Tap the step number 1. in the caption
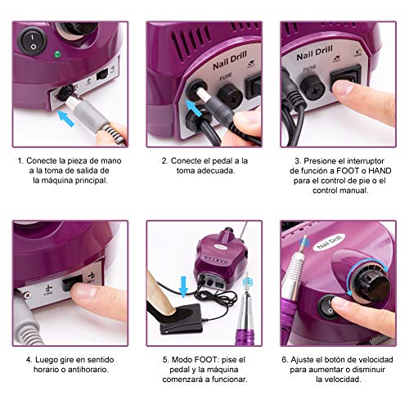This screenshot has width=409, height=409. click(19, 161)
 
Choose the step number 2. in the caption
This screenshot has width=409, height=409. click(164, 161)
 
